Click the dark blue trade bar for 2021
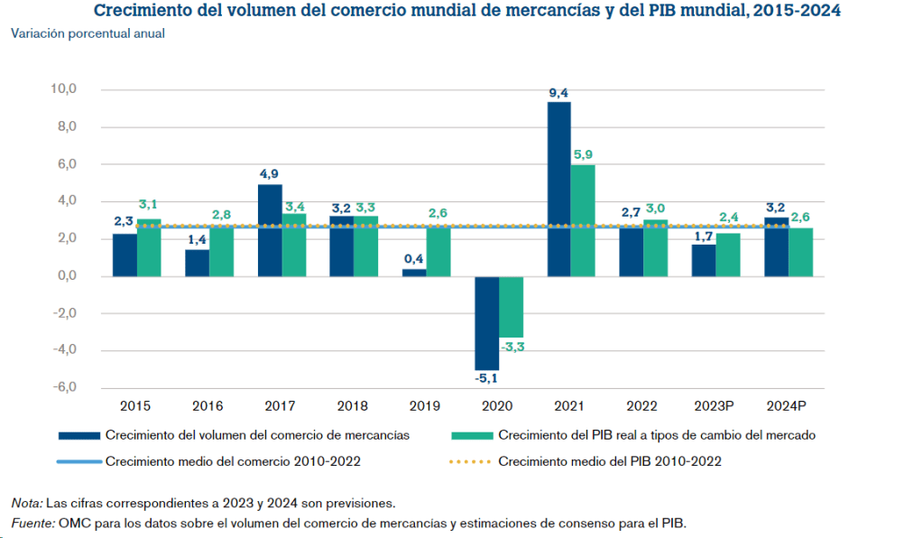558,189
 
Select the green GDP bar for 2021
583,220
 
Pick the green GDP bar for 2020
511,306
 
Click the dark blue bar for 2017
270,230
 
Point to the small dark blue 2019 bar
414,273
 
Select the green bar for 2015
149,247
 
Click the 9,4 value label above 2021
558,93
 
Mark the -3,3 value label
512,347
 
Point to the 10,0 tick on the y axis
65,89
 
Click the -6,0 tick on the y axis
65,387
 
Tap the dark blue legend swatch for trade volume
78,435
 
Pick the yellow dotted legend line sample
470,461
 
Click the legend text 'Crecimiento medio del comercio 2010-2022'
233,461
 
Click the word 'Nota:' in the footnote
27,503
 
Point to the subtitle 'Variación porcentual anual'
88,33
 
